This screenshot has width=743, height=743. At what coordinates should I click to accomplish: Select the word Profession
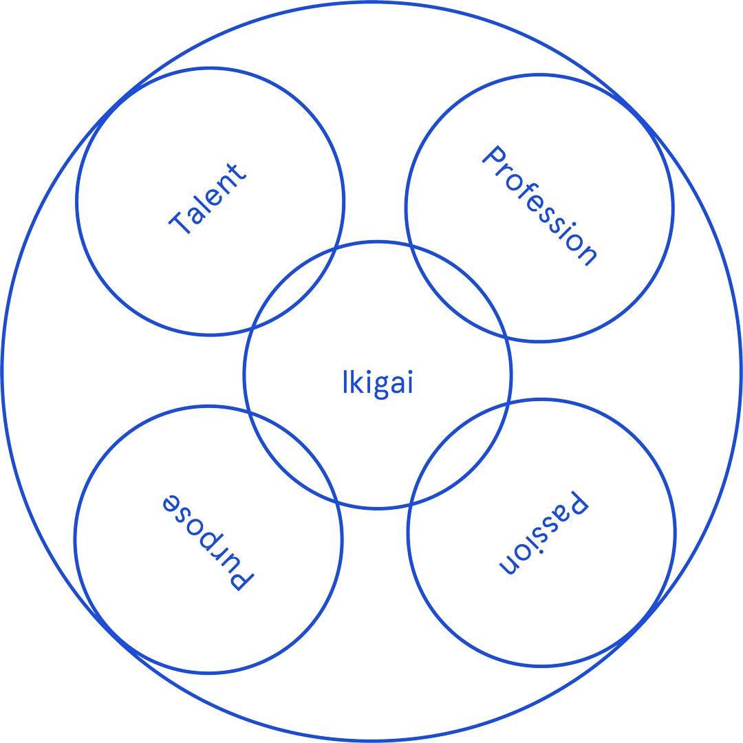click(x=539, y=205)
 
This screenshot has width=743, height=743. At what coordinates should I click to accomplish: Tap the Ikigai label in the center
click(x=378, y=382)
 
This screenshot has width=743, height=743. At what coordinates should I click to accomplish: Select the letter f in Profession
click(x=526, y=189)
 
